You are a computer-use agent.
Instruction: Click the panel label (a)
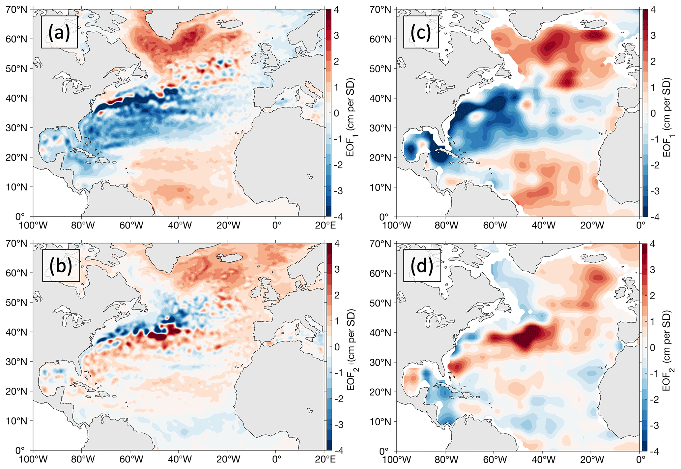click(x=59, y=32)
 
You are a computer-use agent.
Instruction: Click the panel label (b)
click(x=61, y=266)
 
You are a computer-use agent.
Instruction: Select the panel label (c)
click(x=421, y=32)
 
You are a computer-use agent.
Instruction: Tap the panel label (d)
click(x=422, y=266)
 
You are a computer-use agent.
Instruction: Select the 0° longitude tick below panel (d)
click(x=640, y=460)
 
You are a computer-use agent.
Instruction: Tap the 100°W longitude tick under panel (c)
click(x=396, y=226)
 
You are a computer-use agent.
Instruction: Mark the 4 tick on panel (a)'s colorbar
click(x=336, y=10)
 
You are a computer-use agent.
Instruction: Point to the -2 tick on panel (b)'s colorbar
click(x=337, y=399)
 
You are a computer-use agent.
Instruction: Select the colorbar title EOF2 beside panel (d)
click(x=667, y=350)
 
